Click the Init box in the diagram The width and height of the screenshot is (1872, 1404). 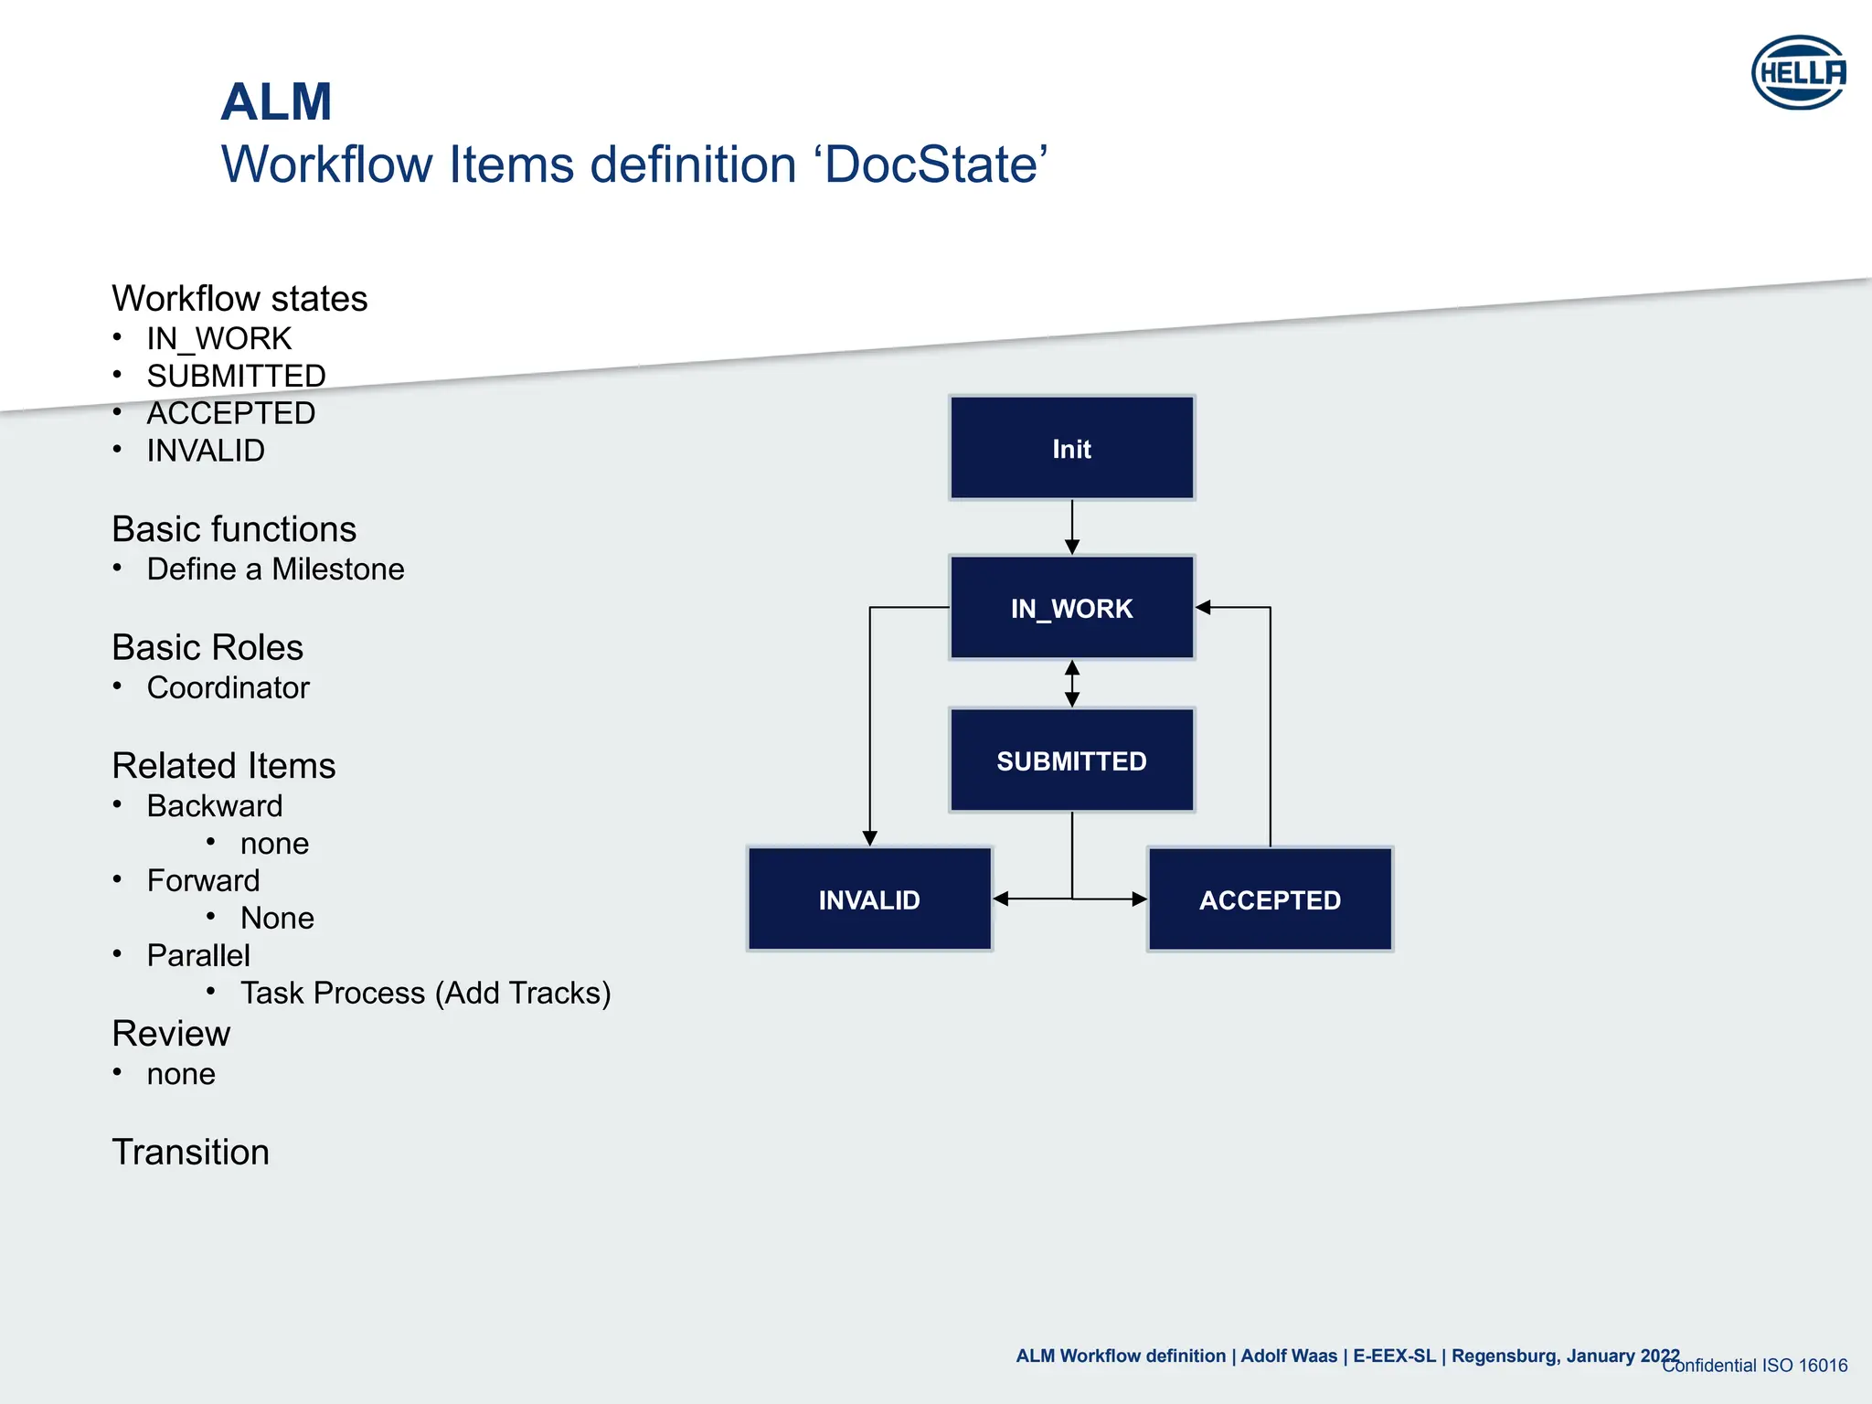(x=1071, y=448)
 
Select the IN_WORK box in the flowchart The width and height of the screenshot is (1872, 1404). (x=1071, y=608)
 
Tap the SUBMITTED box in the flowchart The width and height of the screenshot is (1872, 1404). (x=1071, y=760)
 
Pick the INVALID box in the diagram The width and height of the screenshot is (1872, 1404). (x=869, y=899)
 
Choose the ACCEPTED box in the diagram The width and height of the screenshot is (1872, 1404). (x=1270, y=899)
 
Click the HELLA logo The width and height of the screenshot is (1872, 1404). (x=1798, y=72)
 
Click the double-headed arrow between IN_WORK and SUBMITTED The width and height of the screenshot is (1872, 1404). (x=1072, y=684)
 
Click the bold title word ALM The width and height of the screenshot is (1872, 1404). (x=276, y=101)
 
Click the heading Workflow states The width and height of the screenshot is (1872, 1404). (x=239, y=299)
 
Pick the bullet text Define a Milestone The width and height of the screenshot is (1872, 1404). (x=275, y=569)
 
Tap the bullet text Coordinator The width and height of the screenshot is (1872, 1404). (x=228, y=687)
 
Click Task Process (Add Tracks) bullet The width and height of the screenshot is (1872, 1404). (x=425, y=993)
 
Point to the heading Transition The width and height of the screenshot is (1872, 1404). (x=190, y=1152)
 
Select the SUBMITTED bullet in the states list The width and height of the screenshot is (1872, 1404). (x=236, y=376)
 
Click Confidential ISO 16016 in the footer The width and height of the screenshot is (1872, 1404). (x=1755, y=1366)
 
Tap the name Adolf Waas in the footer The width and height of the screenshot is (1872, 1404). (x=1289, y=1356)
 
